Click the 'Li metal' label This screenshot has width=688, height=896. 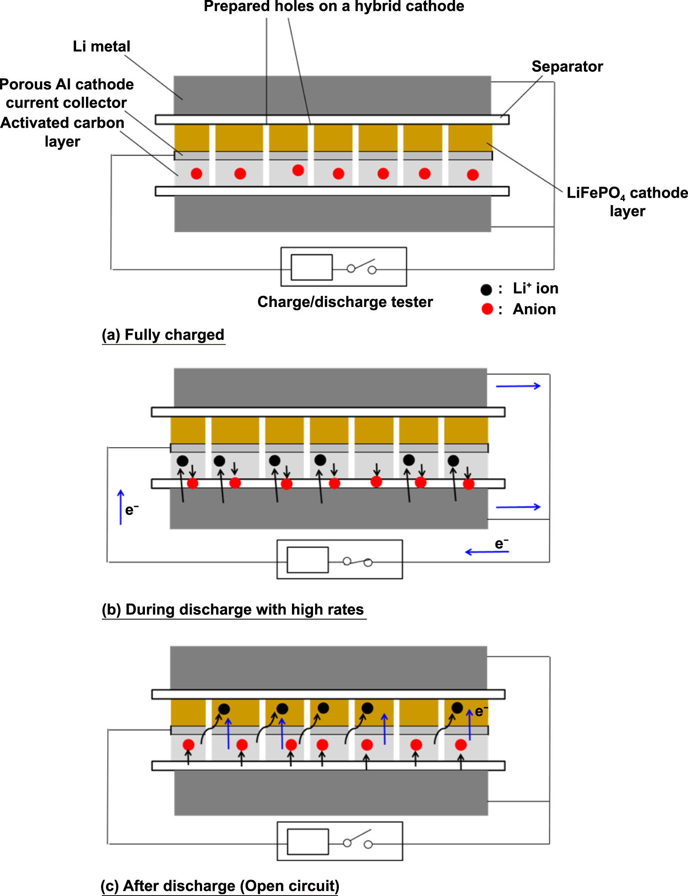click(101, 46)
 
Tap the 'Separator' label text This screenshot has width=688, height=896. click(567, 67)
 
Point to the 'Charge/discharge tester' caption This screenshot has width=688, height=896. click(345, 302)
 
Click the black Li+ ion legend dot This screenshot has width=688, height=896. click(486, 290)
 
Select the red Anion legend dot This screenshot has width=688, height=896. click(487, 309)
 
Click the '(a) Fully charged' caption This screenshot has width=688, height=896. click(163, 335)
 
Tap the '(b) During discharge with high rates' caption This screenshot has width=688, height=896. click(233, 610)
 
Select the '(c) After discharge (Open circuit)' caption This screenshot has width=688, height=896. click(220, 886)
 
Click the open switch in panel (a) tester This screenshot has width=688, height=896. click(362, 266)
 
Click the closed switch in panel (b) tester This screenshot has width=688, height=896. click(357, 562)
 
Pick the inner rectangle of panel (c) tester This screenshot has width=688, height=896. click(308, 842)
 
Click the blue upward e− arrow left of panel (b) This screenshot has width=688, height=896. click(121, 507)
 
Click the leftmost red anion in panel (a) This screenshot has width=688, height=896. click(197, 174)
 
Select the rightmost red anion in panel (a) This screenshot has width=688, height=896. click(473, 175)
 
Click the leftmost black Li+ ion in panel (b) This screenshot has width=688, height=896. click(182, 461)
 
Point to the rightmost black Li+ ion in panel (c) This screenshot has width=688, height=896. click(457, 708)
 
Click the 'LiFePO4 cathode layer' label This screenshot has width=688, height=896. click(627, 202)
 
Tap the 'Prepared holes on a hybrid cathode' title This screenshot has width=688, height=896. click(334, 6)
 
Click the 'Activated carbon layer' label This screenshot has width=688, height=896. click(63, 132)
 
